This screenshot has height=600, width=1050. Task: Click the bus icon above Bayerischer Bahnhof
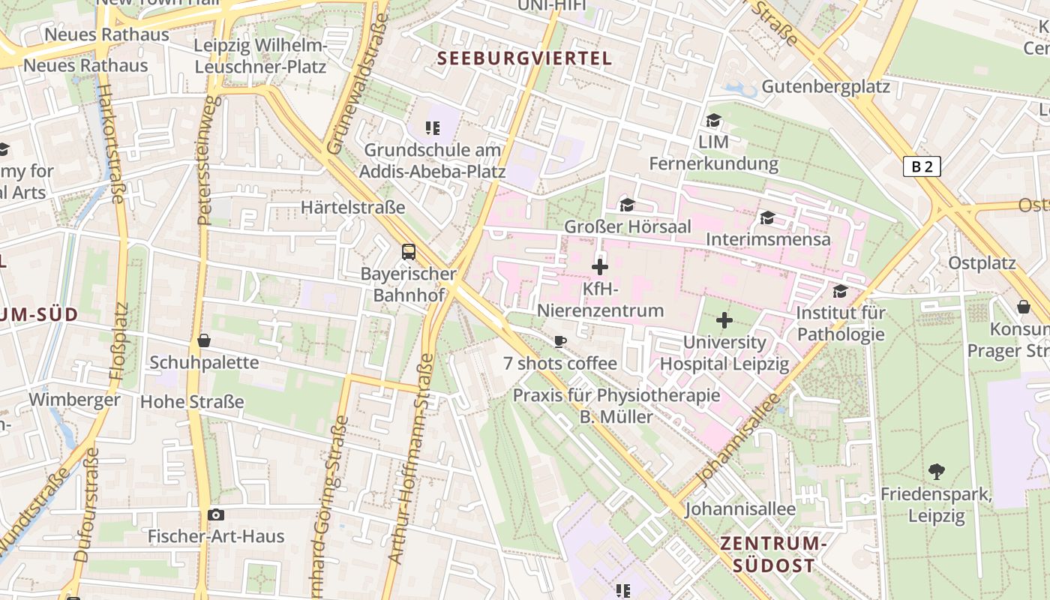click(409, 251)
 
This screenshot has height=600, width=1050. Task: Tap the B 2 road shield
click(922, 166)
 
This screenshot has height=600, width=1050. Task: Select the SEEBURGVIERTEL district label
click(524, 58)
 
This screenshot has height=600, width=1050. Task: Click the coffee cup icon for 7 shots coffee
click(559, 342)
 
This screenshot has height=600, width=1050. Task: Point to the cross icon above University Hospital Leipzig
click(724, 321)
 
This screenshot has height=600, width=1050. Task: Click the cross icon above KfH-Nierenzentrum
click(600, 266)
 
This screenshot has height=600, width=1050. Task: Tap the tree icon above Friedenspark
click(936, 472)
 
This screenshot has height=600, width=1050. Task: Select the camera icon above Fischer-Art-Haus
click(216, 514)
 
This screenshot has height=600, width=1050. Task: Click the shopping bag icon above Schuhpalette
click(203, 340)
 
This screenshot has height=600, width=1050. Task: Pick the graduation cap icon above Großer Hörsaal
click(627, 205)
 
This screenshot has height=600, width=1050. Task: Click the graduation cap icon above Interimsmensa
click(767, 218)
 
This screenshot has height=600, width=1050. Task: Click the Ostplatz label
click(982, 263)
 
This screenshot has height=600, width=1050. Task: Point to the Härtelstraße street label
click(352, 207)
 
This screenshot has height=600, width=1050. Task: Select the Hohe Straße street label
click(192, 401)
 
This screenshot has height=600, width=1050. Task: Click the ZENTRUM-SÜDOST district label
click(772, 554)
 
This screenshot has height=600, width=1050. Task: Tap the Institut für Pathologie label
click(841, 323)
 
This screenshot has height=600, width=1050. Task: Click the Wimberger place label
click(74, 399)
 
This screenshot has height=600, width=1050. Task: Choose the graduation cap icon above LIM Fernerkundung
click(713, 120)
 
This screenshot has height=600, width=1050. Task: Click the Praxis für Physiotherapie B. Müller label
click(616, 406)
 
